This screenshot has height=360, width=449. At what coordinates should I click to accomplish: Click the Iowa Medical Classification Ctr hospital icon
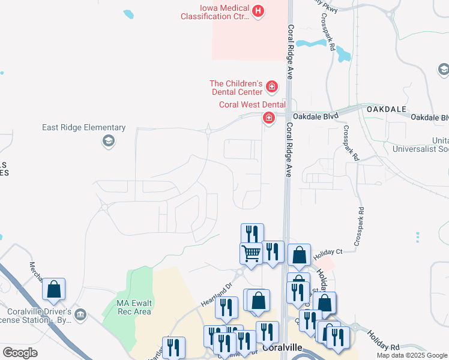[x=258, y=11]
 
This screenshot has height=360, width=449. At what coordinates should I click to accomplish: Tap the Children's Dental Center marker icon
[x=272, y=88]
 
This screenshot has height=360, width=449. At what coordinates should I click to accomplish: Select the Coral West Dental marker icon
[x=268, y=117]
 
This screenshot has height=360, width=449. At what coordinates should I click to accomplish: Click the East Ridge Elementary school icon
[x=109, y=141]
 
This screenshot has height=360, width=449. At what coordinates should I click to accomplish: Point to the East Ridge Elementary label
[x=84, y=128]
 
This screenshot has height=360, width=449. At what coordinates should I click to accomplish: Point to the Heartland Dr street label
[x=215, y=295]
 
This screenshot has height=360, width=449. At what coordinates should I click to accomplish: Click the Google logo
[x=20, y=353]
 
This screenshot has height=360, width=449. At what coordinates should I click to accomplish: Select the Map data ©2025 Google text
[x=412, y=355]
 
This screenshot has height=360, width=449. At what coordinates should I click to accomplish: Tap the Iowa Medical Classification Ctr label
[x=215, y=13]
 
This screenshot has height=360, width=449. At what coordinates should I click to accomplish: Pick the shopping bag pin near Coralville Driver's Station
[x=54, y=289]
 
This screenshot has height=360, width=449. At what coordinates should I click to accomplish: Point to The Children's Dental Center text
[x=236, y=88]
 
